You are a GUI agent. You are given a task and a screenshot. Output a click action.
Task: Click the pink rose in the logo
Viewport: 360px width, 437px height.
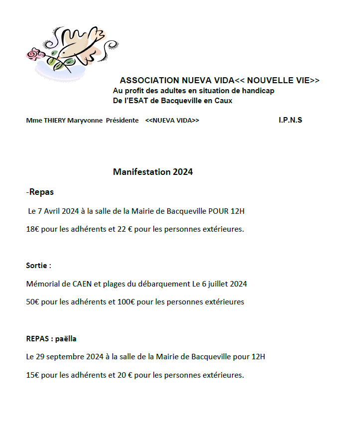[x=34, y=55]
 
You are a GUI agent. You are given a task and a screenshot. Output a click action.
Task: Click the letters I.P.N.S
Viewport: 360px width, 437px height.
[x=290, y=120]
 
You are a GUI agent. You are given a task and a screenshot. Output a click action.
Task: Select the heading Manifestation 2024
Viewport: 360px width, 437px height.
[x=152, y=172]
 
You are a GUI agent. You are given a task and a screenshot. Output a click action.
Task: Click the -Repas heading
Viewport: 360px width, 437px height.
[x=40, y=192]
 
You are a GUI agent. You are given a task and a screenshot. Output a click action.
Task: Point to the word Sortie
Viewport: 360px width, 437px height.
[x=37, y=266]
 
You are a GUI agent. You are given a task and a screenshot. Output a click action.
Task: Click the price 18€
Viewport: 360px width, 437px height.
[x=33, y=229]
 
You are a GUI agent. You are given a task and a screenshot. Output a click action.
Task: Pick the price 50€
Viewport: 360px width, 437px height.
[x=33, y=302]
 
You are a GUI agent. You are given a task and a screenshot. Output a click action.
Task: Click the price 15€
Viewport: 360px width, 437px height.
[x=33, y=375]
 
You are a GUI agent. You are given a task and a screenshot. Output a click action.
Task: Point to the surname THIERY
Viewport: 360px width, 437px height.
[x=54, y=121]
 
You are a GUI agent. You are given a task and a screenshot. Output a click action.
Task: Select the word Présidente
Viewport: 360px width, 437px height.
[x=122, y=121]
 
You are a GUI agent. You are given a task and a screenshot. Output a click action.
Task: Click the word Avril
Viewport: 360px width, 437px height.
[x=51, y=211]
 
